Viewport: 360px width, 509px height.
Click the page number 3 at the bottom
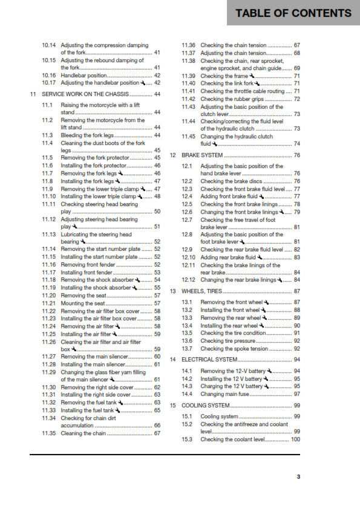point(298,477)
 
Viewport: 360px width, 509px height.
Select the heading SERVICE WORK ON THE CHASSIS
point(85,94)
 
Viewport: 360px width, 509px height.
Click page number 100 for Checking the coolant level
point(295,439)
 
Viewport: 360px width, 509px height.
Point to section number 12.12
point(189,280)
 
